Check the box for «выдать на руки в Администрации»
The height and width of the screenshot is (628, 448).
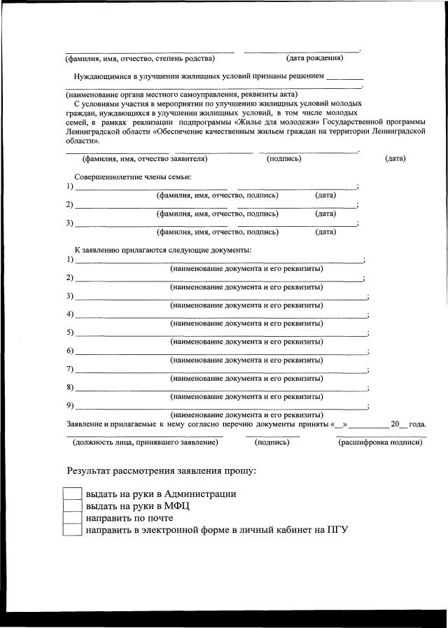click(x=73, y=494)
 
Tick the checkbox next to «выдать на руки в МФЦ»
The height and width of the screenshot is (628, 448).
click(x=73, y=505)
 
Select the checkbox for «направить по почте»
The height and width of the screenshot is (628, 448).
click(x=73, y=518)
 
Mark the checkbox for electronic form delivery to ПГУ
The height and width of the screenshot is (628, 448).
click(x=73, y=530)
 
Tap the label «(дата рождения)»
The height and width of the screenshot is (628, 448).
click(x=314, y=58)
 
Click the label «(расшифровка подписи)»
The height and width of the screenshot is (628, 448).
click(x=381, y=442)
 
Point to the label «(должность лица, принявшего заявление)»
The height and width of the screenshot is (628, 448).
click(x=146, y=442)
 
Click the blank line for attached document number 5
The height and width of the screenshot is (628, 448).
click(x=220, y=333)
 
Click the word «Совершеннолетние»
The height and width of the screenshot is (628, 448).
click(x=106, y=177)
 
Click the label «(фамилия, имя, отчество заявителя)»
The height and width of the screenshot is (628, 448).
click(x=145, y=158)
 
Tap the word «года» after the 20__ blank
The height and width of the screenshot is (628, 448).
click(x=417, y=424)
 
